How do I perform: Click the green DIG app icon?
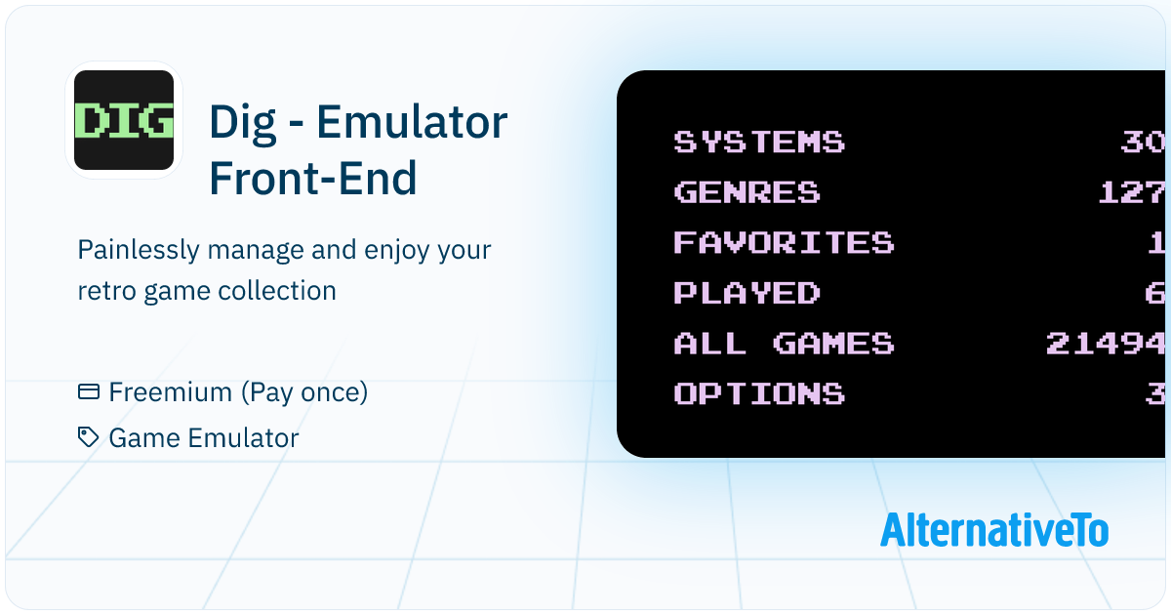click(x=124, y=120)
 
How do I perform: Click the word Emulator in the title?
click(x=412, y=122)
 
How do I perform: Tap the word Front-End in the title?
click(x=313, y=178)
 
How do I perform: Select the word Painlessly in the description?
click(x=139, y=250)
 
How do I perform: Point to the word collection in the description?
click(x=277, y=290)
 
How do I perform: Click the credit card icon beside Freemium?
click(x=89, y=391)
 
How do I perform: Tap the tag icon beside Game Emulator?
click(x=89, y=437)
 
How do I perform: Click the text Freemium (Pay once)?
click(x=238, y=392)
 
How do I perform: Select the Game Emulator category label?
click(x=204, y=437)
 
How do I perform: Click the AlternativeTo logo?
click(x=994, y=530)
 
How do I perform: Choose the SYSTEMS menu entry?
click(x=759, y=142)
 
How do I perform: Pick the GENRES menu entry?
click(x=747, y=192)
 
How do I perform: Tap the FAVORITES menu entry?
click(x=785, y=242)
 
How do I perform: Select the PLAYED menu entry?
click(x=747, y=292)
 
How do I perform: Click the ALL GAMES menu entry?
click(x=785, y=343)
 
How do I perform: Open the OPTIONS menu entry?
click(x=759, y=393)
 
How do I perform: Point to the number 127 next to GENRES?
click(x=1131, y=192)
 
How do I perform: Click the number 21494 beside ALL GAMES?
click(x=1105, y=343)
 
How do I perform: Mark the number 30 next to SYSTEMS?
click(x=1143, y=142)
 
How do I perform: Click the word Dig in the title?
click(x=243, y=123)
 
